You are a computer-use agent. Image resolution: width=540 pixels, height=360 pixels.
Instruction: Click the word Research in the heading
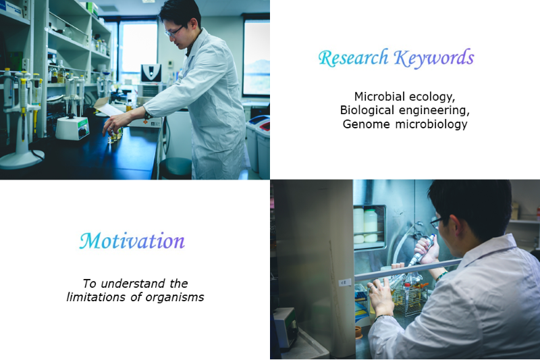354,58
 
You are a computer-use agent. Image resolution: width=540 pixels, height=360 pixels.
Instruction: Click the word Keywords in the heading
434,58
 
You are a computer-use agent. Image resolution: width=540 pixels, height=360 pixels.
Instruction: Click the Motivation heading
132,240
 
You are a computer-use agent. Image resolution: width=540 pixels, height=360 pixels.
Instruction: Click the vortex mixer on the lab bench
73,128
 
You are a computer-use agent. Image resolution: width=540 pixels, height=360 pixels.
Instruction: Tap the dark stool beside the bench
175,168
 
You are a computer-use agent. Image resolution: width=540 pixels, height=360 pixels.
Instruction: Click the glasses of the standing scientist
174,32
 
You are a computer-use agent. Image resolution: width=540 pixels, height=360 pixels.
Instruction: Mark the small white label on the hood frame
345,282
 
